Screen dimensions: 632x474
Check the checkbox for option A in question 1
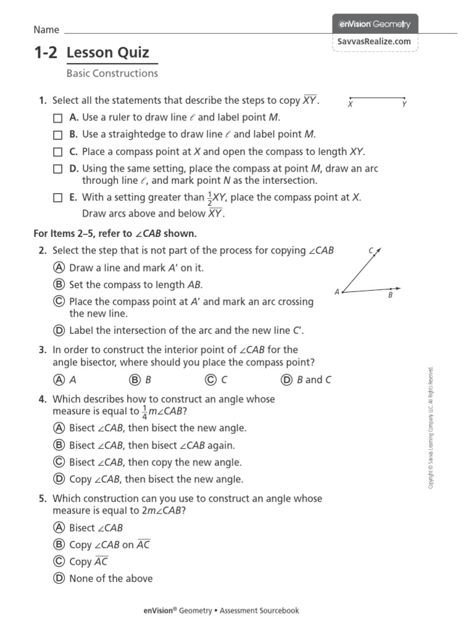coord(57,117)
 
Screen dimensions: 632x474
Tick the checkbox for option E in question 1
coord(57,197)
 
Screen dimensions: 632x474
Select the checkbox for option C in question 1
coord(57,152)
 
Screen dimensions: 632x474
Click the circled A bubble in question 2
coord(59,268)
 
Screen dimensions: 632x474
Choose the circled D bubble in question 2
coord(59,330)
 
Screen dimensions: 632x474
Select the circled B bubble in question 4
coord(59,445)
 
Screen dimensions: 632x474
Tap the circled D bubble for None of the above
coord(59,578)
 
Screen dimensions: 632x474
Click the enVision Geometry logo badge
coord(375,24)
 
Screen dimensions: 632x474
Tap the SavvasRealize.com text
coord(375,41)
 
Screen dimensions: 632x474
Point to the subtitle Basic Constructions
coord(112,73)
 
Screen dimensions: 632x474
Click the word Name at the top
coord(46,30)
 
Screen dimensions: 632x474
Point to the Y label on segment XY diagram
coord(404,104)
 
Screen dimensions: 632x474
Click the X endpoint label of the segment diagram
coord(350,104)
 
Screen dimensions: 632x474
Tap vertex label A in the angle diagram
coord(337,292)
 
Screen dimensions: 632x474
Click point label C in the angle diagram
coord(371,251)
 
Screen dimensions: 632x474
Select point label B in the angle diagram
coord(390,295)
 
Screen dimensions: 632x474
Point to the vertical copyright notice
coord(432,428)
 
